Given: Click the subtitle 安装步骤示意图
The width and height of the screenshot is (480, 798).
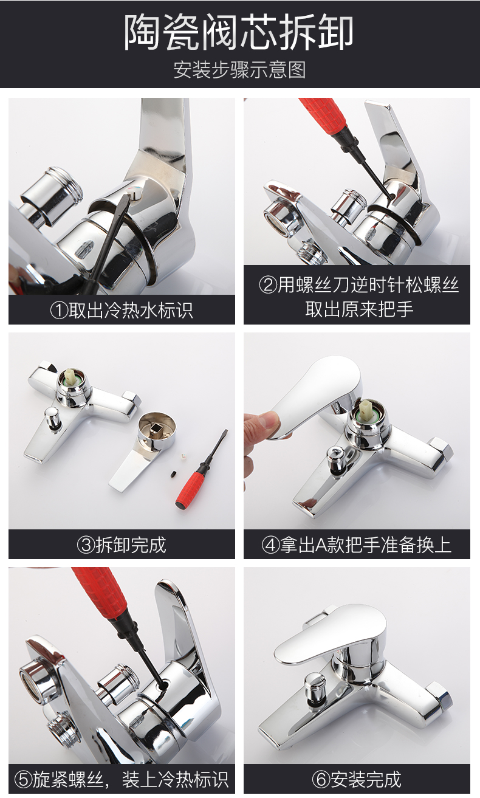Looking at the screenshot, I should coord(239,69).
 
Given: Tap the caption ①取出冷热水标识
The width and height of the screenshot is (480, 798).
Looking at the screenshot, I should coord(122,311).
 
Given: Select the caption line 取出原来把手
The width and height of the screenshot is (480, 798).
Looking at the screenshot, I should coord(358,308).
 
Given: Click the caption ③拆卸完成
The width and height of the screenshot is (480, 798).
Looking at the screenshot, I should coord(122,545).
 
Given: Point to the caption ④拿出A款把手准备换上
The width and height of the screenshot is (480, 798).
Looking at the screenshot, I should coord(357,545).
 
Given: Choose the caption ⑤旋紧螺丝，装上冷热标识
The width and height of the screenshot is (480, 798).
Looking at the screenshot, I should coord(122,779).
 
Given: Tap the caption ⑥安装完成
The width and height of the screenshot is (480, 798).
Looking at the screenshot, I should coord(357,779).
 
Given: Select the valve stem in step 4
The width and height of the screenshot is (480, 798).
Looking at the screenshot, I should coord(366,411).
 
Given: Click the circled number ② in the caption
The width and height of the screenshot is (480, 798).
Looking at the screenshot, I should coord(267,286).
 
